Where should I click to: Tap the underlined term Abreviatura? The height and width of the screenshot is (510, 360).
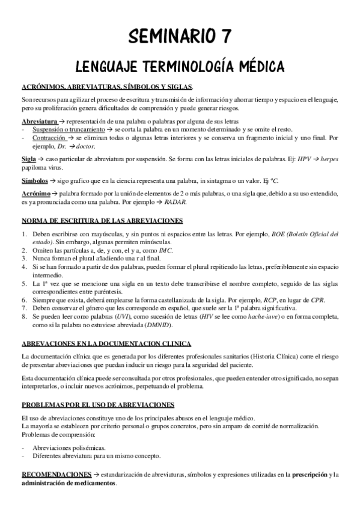pyautogui.click(x=38, y=121)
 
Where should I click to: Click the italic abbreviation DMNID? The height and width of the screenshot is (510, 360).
pyautogui.click(x=159, y=325)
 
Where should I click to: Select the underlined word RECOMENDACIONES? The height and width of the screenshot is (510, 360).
pyautogui.click(x=56, y=475)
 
